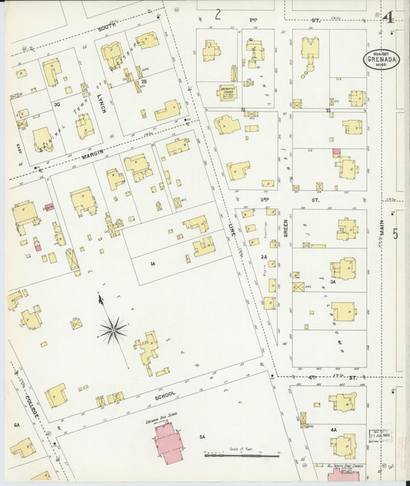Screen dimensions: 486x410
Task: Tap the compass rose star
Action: coord(113,330)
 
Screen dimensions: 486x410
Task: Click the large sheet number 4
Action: coord(388,16)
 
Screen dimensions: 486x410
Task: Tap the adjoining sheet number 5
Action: coord(395,234)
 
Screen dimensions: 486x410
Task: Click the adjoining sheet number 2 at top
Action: coord(218,13)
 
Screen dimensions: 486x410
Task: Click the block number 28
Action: coord(143,81)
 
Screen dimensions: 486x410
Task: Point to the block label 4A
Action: coord(333,429)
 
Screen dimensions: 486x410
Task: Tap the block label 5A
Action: coord(203,437)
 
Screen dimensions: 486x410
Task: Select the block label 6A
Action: coord(16,424)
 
